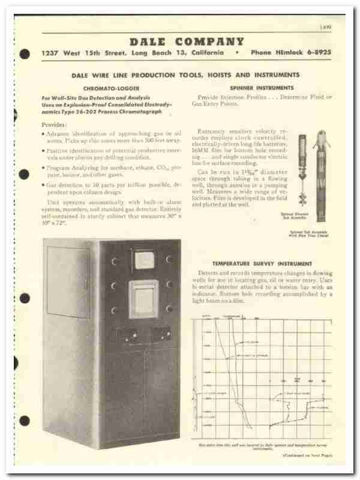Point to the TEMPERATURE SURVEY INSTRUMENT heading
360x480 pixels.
coord(262,263)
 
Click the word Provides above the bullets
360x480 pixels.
coord(55,124)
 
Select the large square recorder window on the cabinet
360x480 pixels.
coord(143,299)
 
